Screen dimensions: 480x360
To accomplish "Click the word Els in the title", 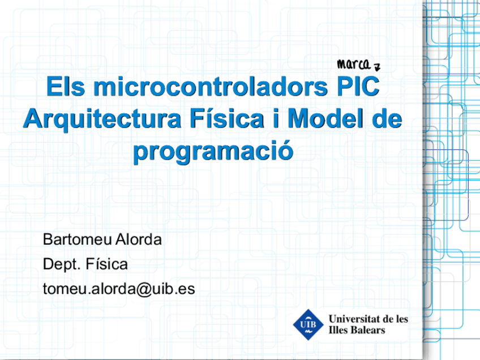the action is (x=66, y=87).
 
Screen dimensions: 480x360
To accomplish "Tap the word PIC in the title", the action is (x=358, y=87).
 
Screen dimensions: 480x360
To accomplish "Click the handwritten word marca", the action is (x=354, y=65).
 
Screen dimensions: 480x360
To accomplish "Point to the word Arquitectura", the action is (x=102, y=119).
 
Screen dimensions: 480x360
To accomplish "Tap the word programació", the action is (x=213, y=151).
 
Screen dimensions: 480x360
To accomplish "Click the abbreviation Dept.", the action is (x=62, y=264).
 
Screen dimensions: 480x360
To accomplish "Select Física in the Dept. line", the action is (x=106, y=264).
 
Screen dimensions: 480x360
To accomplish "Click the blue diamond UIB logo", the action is (x=308, y=324).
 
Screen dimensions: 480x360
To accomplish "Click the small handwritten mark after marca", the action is (x=377, y=67).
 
